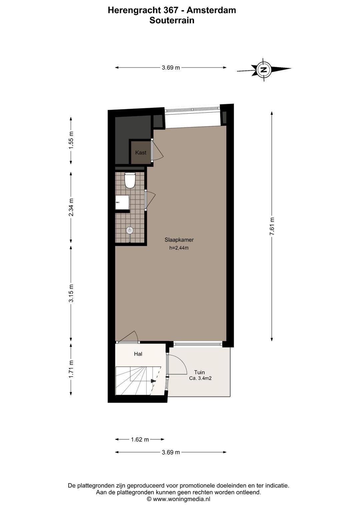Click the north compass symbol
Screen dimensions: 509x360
[264, 70]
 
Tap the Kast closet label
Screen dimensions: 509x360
[141, 152]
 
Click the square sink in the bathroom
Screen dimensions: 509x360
[122, 202]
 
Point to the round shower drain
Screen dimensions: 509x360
[129, 230]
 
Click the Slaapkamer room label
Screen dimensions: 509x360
[179, 239]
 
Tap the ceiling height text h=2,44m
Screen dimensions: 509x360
[179, 247]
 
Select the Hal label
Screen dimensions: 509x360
[138, 354]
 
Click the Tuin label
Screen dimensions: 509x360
[199, 372]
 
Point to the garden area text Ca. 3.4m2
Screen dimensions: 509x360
[200, 378]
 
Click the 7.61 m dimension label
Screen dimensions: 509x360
[272, 226]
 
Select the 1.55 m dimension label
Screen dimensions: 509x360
[71, 140]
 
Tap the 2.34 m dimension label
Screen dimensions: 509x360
[71, 207]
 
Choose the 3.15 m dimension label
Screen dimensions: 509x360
[71, 294]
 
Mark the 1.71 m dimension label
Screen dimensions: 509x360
[71, 369]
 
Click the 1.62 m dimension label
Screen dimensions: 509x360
[140, 439]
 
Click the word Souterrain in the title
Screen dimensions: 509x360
[172, 20]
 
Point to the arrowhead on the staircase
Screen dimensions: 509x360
[153, 381]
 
